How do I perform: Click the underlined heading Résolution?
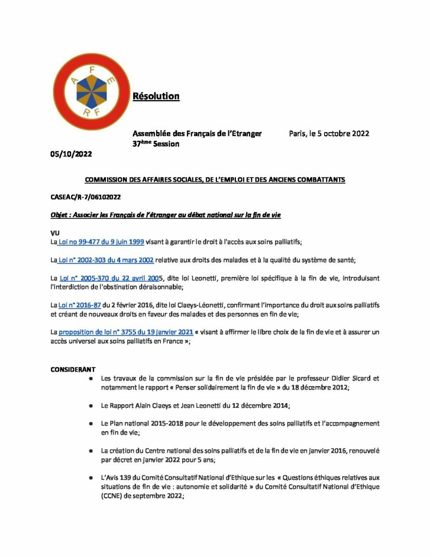(156, 96)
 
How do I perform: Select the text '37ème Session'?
(156, 144)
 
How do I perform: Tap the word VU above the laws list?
(54, 233)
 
